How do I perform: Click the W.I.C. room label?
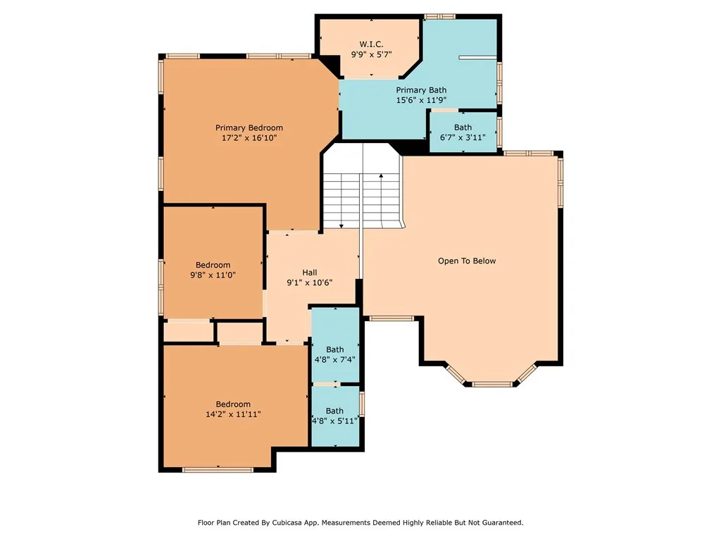pyautogui.click(x=371, y=44)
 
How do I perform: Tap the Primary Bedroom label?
pyautogui.click(x=249, y=128)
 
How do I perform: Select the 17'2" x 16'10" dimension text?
pyautogui.click(x=249, y=137)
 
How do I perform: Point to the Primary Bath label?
pyautogui.click(x=421, y=90)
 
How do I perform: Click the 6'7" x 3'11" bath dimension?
pyautogui.click(x=463, y=137)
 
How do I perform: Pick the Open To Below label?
pyautogui.click(x=467, y=261)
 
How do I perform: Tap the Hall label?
pyautogui.click(x=310, y=273)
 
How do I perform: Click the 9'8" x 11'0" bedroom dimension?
pyautogui.click(x=213, y=275)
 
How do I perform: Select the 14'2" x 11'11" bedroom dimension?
pyautogui.click(x=233, y=414)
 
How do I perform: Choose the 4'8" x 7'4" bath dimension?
pyautogui.click(x=334, y=359)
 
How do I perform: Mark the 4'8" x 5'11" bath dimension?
pyautogui.click(x=334, y=421)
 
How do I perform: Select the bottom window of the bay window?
pyautogui.click(x=492, y=384)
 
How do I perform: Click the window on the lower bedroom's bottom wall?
pyautogui.click(x=218, y=470)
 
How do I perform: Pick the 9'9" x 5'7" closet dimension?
pyautogui.click(x=371, y=54)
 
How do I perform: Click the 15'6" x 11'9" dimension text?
pyautogui.click(x=421, y=100)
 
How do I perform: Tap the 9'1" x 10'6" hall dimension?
pyautogui.click(x=310, y=282)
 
